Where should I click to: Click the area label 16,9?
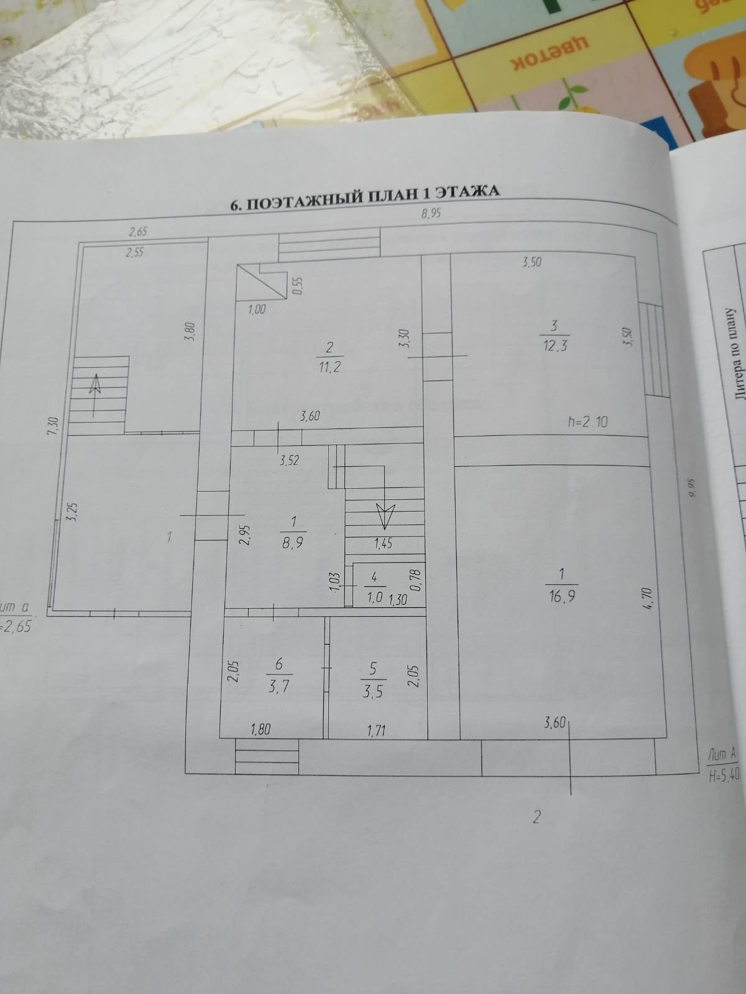pyautogui.click(x=561, y=596)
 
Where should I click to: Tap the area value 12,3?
pyautogui.click(x=555, y=346)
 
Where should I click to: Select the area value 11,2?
pyautogui.click(x=329, y=367)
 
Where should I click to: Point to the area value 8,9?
pyautogui.click(x=293, y=542)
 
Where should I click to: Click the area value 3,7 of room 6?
pyautogui.click(x=279, y=686)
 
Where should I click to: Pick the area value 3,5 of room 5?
pyautogui.click(x=372, y=691)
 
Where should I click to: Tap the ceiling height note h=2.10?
pyautogui.click(x=587, y=422)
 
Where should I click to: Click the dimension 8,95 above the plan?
pyautogui.click(x=431, y=214)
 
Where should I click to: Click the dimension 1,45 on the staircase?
pyautogui.click(x=383, y=543)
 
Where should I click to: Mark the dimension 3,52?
pyautogui.click(x=289, y=461)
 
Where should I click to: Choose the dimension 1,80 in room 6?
pyautogui.click(x=260, y=729)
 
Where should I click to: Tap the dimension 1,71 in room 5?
pyautogui.click(x=376, y=730)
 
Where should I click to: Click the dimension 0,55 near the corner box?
pyautogui.click(x=297, y=285)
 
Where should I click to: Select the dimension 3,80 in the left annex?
pyautogui.click(x=191, y=330)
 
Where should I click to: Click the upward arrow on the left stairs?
pyautogui.click(x=94, y=385)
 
